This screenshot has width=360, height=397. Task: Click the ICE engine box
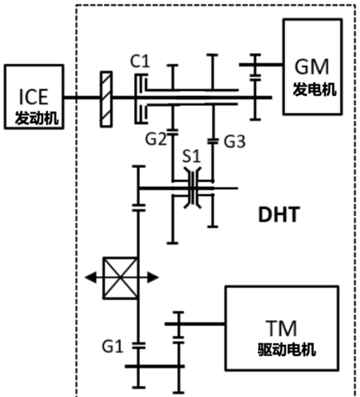pyautogui.click(x=34, y=97)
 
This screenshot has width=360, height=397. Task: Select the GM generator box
pyautogui.click(x=312, y=67)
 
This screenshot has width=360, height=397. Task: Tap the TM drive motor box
pyautogui.click(x=282, y=328)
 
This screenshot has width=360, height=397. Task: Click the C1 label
pyautogui.click(x=140, y=61)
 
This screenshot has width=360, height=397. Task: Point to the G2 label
pyautogui.click(x=156, y=139)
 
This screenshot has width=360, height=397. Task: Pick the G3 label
pyautogui.click(x=235, y=142)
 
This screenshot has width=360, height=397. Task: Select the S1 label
pyautogui.click(x=191, y=156)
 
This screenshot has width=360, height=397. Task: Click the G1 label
pyautogui.click(x=113, y=346)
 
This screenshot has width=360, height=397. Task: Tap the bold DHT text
pyautogui.click(x=279, y=215)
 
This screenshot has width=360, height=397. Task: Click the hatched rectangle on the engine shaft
pyautogui.click(x=106, y=99)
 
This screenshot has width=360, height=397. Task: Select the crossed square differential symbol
pyautogui.click(x=120, y=278)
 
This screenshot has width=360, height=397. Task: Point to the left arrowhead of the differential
pyautogui.click(x=91, y=277)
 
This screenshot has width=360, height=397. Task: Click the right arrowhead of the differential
pyautogui.click(x=153, y=277)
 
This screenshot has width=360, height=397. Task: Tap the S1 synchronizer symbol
pyautogui.click(x=193, y=188)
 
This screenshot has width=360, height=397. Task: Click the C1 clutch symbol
pyautogui.click(x=142, y=98)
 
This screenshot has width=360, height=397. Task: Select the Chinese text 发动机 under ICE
pyautogui.click(x=37, y=118)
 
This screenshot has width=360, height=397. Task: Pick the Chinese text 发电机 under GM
pyautogui.click(x=315, y=89)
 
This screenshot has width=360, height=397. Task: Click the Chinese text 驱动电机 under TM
pyautogui.click(x=287, y=349)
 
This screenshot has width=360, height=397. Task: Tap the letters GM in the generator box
pyautogui.click(x=312, y=67)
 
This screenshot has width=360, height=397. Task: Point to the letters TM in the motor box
pyautogui.click(x=281, y=328)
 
